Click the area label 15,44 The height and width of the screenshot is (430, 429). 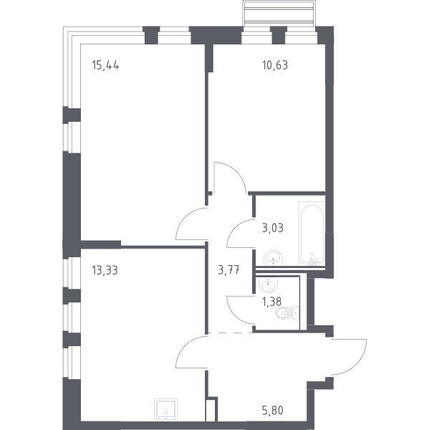(x=105, y=65)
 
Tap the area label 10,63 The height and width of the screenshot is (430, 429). (x=275, y=65)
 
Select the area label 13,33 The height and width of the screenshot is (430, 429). (x=105, y=270)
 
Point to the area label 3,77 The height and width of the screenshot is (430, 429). (x=229, y=270)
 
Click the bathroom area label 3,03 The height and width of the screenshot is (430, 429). (x=273, y=228)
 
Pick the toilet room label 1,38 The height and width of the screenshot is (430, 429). (x=271, y=302)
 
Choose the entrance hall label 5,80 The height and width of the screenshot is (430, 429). (x=273, y=411)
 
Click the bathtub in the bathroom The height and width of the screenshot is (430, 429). (x=312, y=234)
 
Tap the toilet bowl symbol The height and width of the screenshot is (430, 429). (x=286, y=313)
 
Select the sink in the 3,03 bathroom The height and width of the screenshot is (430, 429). (x=273, y=258)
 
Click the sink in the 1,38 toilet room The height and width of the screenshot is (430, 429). (x=268, y=285)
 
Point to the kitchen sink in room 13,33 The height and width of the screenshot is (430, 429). (x=166, y=409)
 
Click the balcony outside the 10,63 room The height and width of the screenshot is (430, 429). (x=279, y=14)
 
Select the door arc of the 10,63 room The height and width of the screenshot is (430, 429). (x=234, y=172)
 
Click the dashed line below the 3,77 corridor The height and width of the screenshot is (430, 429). (x=231, y=333)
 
